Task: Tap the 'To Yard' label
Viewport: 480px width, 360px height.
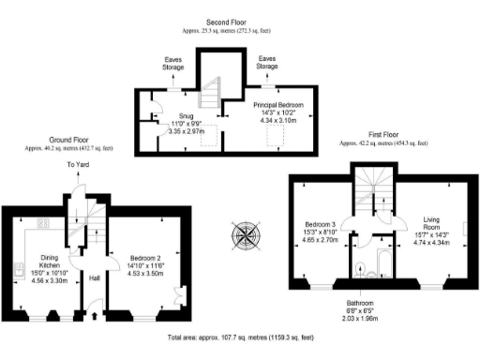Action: [x=77, y=166]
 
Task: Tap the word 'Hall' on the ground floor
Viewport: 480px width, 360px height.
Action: [x=94, y=278]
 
